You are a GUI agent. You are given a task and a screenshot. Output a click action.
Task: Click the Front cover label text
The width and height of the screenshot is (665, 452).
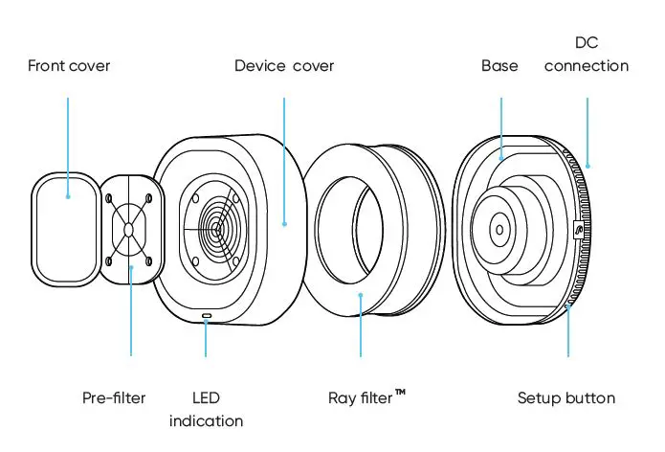pyautogui.click(x=69, y=66)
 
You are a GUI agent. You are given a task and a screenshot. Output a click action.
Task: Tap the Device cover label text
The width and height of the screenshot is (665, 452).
pyautogui.click(x=284, y=66)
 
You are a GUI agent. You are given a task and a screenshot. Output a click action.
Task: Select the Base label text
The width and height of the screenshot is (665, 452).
pyautogui.click(x=499, y=66)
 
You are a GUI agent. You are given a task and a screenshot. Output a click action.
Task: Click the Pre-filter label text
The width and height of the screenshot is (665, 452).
pyautogui.click(x=114, y=397)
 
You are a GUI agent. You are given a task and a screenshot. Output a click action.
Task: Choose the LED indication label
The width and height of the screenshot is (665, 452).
pyautogui.click(x=206, y=409)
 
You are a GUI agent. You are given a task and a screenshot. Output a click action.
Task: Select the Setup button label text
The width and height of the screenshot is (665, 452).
pyautogui.click(x=566, y=397)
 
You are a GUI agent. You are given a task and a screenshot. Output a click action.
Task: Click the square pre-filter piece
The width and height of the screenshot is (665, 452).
pyautogui.click(x=129, y=230)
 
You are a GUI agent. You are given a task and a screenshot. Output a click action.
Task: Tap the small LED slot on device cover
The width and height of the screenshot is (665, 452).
pyautogui.click(x=206, y=314)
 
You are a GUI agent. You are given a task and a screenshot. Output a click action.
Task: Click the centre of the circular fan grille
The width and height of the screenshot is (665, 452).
pyautogui.click(x=218, y=230)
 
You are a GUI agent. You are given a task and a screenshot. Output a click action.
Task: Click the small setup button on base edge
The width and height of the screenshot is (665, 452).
pyautogui.click(x=576, y=230)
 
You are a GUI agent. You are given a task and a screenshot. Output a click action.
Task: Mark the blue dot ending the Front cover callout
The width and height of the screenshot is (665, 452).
pyautogui.click(x=68, y=197)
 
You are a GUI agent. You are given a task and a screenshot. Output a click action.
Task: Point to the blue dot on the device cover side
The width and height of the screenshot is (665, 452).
pyautogui.click(x=284, y=224)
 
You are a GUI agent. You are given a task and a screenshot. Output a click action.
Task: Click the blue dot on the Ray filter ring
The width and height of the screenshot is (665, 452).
pyautogui.click(x=360, y=295)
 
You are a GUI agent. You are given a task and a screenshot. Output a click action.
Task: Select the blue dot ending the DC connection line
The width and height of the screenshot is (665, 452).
pyautogui.click(x=588, y=166)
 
